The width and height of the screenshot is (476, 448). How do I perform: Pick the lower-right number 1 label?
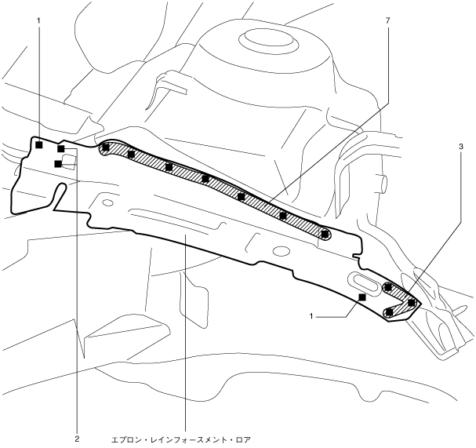311,316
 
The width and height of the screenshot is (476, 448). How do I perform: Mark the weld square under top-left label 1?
38,145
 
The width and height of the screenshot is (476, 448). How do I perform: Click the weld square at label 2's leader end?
60,148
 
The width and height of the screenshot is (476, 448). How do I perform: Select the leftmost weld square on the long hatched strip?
105,147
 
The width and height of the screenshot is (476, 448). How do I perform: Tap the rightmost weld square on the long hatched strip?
325,234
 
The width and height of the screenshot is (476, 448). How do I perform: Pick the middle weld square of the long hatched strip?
205,178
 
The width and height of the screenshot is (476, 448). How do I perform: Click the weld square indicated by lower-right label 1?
362,297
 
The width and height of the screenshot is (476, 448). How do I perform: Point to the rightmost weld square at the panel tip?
411,302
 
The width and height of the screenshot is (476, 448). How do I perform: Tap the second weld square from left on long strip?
131,154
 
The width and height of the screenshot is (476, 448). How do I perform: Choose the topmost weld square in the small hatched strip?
388,288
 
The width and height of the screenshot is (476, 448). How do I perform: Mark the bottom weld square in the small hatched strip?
390,312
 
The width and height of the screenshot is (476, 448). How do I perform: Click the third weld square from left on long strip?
169,166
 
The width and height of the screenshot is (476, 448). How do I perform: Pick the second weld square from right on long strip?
283,214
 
